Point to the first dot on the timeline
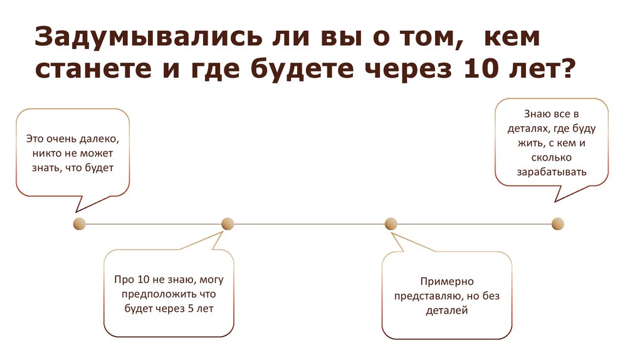[79, 223]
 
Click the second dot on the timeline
[228, 223]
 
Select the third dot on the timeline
[391, 223]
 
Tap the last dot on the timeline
[557, 223]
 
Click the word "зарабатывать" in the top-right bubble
[552, 172]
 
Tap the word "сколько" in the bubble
[552, 157]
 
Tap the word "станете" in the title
[78, 73]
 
